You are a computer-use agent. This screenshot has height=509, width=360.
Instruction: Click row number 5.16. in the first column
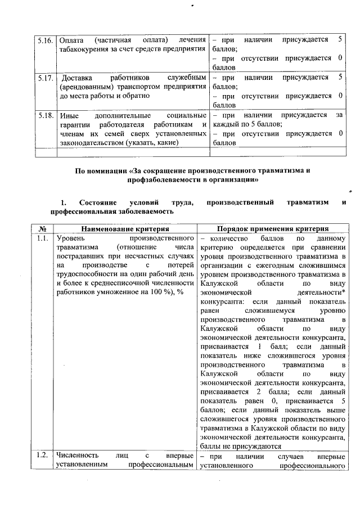(45, 40)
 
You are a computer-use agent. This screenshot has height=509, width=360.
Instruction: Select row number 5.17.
(45, 77)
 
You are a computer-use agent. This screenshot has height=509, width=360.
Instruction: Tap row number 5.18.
(45, 115)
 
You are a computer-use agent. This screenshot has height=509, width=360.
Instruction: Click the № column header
(43, 228)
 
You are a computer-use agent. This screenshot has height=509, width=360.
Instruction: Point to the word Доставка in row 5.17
(76, 77)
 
